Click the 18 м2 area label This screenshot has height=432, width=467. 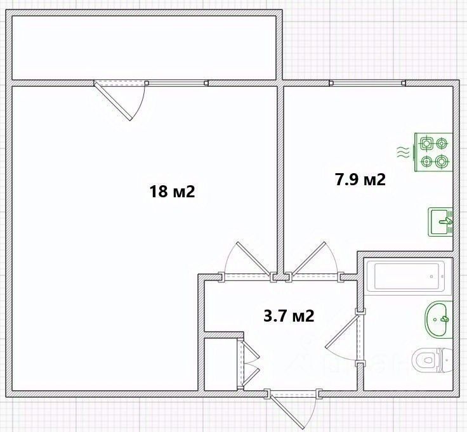172,192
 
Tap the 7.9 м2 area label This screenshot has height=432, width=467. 360,180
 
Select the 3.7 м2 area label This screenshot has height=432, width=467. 289,315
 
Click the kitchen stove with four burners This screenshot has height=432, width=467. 433,152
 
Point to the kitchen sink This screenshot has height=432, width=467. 440,222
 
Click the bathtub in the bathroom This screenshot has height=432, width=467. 406,276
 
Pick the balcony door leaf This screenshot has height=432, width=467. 113,101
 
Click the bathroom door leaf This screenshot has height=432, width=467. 341,332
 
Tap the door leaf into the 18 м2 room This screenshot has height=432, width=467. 253,258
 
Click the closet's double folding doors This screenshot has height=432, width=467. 250,364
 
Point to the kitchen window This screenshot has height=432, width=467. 367,83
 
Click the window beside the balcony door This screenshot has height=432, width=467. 176,83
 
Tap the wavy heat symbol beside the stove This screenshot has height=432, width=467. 402,152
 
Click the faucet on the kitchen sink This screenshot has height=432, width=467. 446,221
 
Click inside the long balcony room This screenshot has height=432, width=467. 144,48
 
